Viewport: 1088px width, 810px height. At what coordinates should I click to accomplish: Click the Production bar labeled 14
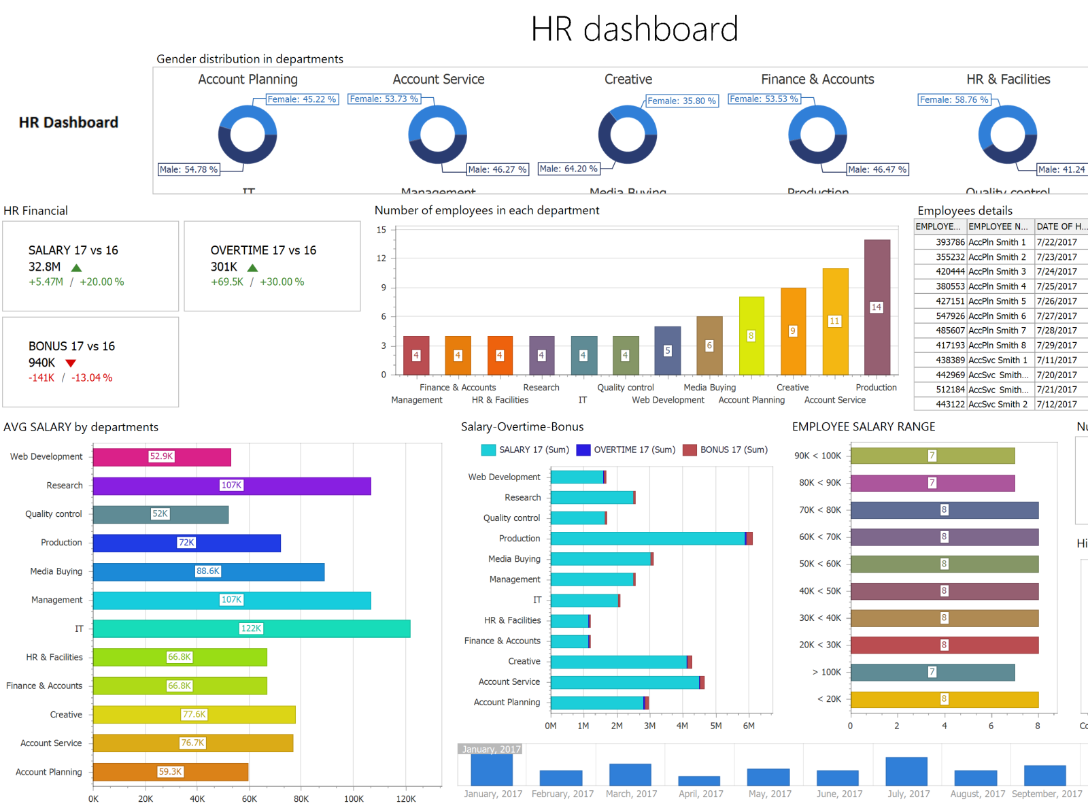[x=877, y=307]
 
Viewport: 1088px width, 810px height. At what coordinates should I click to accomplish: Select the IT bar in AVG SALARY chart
[x=251, y=628]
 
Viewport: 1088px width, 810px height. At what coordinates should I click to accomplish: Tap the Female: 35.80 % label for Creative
[x=681, y=101]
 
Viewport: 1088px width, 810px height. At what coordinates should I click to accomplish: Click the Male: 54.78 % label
[x=188, y=169]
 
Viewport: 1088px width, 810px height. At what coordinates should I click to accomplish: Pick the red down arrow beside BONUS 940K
[x=71, y=363]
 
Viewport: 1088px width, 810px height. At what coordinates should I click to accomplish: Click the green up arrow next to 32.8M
[x=76, y=268]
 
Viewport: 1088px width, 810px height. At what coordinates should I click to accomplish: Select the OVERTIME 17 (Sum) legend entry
[x=626, y=450]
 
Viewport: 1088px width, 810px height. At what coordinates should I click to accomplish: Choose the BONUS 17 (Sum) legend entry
[x=726, y=450]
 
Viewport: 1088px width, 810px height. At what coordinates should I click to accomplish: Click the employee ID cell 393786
[x=949, y=242]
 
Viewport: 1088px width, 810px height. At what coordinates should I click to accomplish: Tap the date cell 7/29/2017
[x=1056, y=345]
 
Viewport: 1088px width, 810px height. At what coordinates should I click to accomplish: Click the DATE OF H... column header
[x=1060, y=226]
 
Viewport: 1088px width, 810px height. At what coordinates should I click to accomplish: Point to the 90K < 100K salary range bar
[x=932, y=456]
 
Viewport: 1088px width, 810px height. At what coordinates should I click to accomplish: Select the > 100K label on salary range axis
[x=826, y=672]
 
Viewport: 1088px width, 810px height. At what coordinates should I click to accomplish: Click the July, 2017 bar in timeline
[x=906, y=771]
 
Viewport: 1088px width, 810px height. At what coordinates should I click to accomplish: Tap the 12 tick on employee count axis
[x=381, y=258]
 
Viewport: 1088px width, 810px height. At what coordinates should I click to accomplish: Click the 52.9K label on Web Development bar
[x=161, y=456]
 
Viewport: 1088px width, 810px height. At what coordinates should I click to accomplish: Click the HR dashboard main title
[x=634, y=29]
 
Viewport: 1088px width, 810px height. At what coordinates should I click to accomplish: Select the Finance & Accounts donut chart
[x=817, y=135]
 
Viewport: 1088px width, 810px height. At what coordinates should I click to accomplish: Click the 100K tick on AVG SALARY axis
[x=354, y=798]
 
